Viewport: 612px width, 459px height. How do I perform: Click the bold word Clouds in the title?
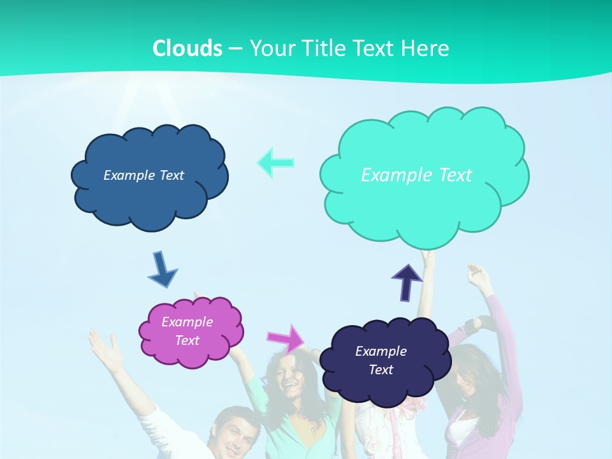[187, 48]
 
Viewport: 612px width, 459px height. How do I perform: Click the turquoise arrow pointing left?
[276, 163]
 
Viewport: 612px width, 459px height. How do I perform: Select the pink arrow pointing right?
[286, 339]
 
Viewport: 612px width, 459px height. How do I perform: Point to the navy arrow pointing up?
[407, 282]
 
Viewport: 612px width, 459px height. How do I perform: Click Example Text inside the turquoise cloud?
[416, 175]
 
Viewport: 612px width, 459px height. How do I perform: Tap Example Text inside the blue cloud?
[143, 175]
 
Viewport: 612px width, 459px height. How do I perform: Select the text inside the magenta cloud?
[187, 331]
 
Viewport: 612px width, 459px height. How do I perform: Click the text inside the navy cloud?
[381, 360]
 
